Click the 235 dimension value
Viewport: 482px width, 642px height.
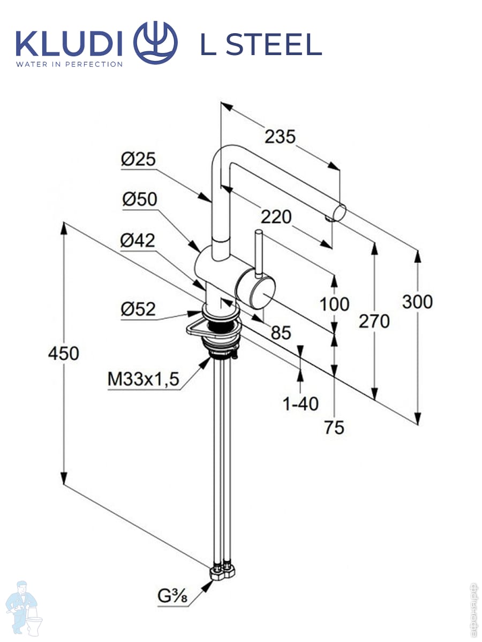point(280,137)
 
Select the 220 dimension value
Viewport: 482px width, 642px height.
point(276,217)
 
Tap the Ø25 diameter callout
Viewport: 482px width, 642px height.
point(138,158)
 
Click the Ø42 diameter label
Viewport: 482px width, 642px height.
point(138,241)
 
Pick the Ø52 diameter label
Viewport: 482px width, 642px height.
point(138,309)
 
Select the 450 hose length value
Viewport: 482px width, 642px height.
point(63,353)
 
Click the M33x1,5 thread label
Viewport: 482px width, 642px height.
point(143,379)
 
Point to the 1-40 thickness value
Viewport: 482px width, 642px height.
point(300,403)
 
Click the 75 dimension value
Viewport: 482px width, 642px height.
point(334,427)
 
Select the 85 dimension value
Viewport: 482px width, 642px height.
point(280,333)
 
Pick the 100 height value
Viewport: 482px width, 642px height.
point(334,304)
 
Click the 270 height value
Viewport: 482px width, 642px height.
point(374,321)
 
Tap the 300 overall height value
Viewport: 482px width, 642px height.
point(417,302)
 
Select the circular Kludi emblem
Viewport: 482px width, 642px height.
point(155,43)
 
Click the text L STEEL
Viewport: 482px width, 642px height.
point(261,45)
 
